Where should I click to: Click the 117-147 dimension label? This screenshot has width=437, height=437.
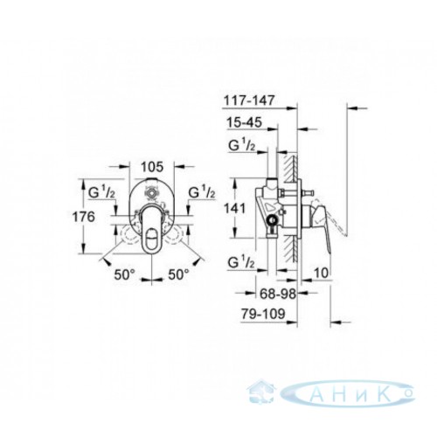pos(249,101)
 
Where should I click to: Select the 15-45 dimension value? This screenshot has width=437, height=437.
pos(244,122)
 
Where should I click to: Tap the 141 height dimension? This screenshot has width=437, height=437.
pos(235,208)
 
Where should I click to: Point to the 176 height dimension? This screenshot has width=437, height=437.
pos(84,217)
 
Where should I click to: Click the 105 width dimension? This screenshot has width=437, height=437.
pos(152,167)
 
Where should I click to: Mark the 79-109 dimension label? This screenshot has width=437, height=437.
pos(263,314)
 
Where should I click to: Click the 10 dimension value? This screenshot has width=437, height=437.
pos(322,273)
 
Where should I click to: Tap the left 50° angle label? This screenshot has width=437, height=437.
pos(125,274)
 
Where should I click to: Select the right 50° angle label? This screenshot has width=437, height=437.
pos(178,274)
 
